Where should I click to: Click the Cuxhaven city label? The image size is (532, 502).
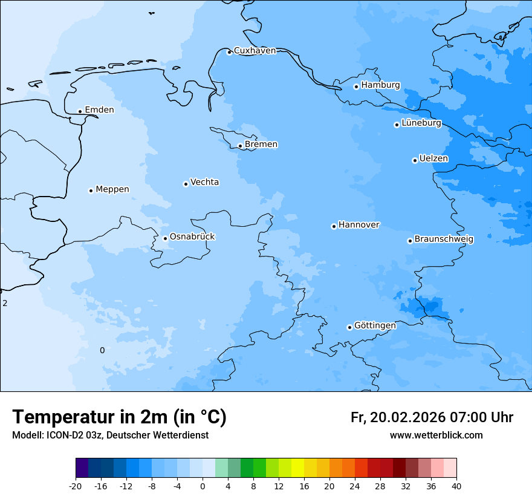pos(255,51)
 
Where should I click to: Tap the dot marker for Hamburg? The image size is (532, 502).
pos(356,86)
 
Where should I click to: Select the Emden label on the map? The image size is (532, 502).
pos(99,110)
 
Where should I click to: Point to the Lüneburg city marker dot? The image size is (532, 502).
pos(397,125)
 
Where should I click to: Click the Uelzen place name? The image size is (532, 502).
pos(433,159)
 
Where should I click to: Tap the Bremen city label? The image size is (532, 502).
pos(261,145)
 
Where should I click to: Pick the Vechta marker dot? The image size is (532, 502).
pos(186,184)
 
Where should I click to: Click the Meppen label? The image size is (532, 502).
pos(112,189)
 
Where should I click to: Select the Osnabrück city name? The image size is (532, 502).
pos(192,236)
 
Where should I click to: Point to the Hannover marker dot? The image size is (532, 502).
pos(334,226)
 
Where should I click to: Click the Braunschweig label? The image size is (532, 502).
pos(444,240)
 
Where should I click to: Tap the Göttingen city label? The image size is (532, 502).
pos(375,326)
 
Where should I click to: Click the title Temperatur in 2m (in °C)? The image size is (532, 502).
pos(119,417)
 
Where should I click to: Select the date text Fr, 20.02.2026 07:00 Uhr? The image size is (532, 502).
pos(432,417)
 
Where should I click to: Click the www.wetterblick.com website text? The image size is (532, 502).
pos(436,435)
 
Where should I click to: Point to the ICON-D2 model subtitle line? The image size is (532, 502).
pos(110,435)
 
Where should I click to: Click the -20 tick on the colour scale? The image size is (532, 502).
pos(76,486)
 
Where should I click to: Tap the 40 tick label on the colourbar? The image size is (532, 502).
pos(456,486)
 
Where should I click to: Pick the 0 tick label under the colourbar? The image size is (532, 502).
pos(203,486)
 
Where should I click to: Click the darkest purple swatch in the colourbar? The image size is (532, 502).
pos(82,468)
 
